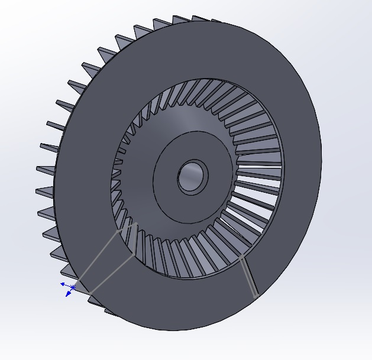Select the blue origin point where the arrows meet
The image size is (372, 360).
pyautogui.click(x=72, y=288)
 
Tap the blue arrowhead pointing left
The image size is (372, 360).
pyautogui.click(x=63, y=284)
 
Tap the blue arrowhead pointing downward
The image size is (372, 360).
pyautogui.click(x=68, y=294)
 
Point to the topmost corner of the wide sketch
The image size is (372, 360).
pyautogui.click(x=137, y=223)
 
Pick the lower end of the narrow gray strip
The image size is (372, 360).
pyautogui.click(x=255, y=295)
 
